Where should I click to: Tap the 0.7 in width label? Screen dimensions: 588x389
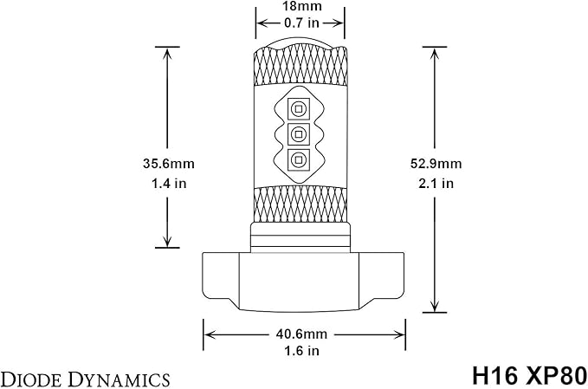coord(300,23)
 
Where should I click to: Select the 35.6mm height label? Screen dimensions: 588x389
coord(168,164)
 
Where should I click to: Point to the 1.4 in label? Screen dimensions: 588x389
coord(169,184)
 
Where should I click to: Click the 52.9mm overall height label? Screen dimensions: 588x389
coord(436,164)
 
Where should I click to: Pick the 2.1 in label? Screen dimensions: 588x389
coord(436,184)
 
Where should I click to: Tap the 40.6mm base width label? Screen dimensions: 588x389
coord(301,334)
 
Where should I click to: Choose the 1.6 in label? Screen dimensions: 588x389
coord(301,351)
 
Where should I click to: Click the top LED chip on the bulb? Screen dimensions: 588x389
coord(299,109)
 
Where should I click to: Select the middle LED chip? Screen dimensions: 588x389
coord(299,134)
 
